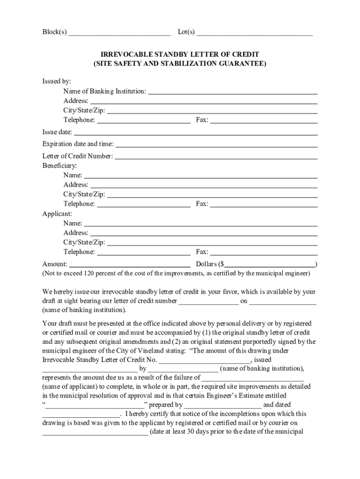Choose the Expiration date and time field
pos(216,144)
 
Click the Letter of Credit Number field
pos(216,156)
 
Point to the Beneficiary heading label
pos(60,166)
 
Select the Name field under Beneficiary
pos(201,175)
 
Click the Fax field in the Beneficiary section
pos(264,204)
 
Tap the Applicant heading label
pos(57,214)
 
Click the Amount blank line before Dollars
pos(130,264)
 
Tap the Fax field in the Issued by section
pos(264,120)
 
